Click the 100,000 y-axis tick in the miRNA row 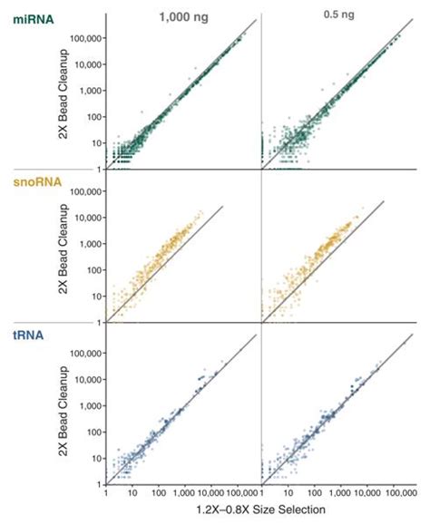[83, 40]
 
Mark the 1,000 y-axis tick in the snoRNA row [88, 245]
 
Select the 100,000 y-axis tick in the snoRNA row [83, 192]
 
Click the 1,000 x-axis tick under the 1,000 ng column [188, 495]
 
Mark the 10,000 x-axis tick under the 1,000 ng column [215, 495]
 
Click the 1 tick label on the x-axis [108, 495]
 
